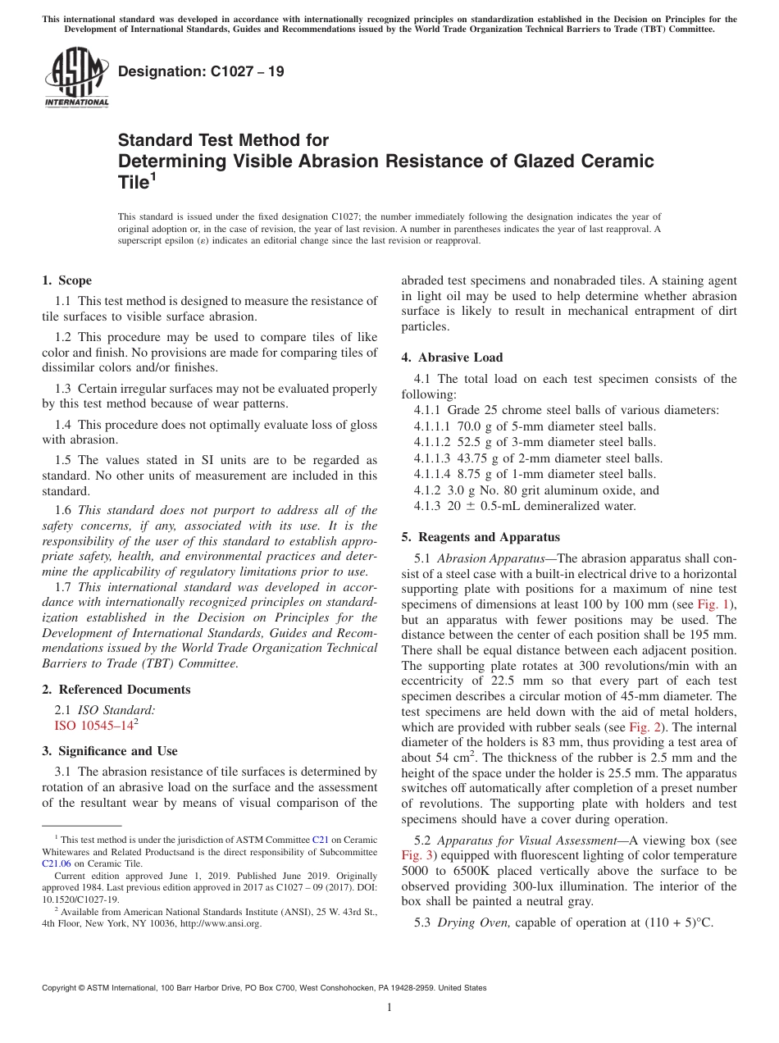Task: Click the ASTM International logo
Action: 76,78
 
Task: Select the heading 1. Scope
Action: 66,280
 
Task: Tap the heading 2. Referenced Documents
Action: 116,690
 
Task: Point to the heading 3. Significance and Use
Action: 110,751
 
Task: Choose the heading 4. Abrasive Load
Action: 452,358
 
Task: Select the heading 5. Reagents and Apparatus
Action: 481,537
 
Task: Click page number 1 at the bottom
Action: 389,1008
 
